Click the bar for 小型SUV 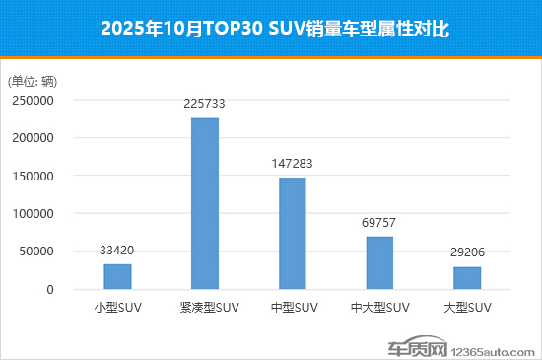click(117, 277)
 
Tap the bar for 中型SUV click(292, 234)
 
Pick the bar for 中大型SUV click(379, 263)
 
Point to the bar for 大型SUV click(467, 278)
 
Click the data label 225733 click(205, 104)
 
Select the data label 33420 click(117, 251)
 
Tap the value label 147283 click(292, 164)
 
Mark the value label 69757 click(379, 223)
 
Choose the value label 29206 click(467, 252)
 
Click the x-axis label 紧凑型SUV click(205, 308)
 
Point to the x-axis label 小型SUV click(117, 308)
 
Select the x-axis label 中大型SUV click(379, 308)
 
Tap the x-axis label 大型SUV click(467, 308)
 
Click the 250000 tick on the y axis click(33, 100)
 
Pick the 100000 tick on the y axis click(33, 214)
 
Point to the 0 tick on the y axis click(48, 290)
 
